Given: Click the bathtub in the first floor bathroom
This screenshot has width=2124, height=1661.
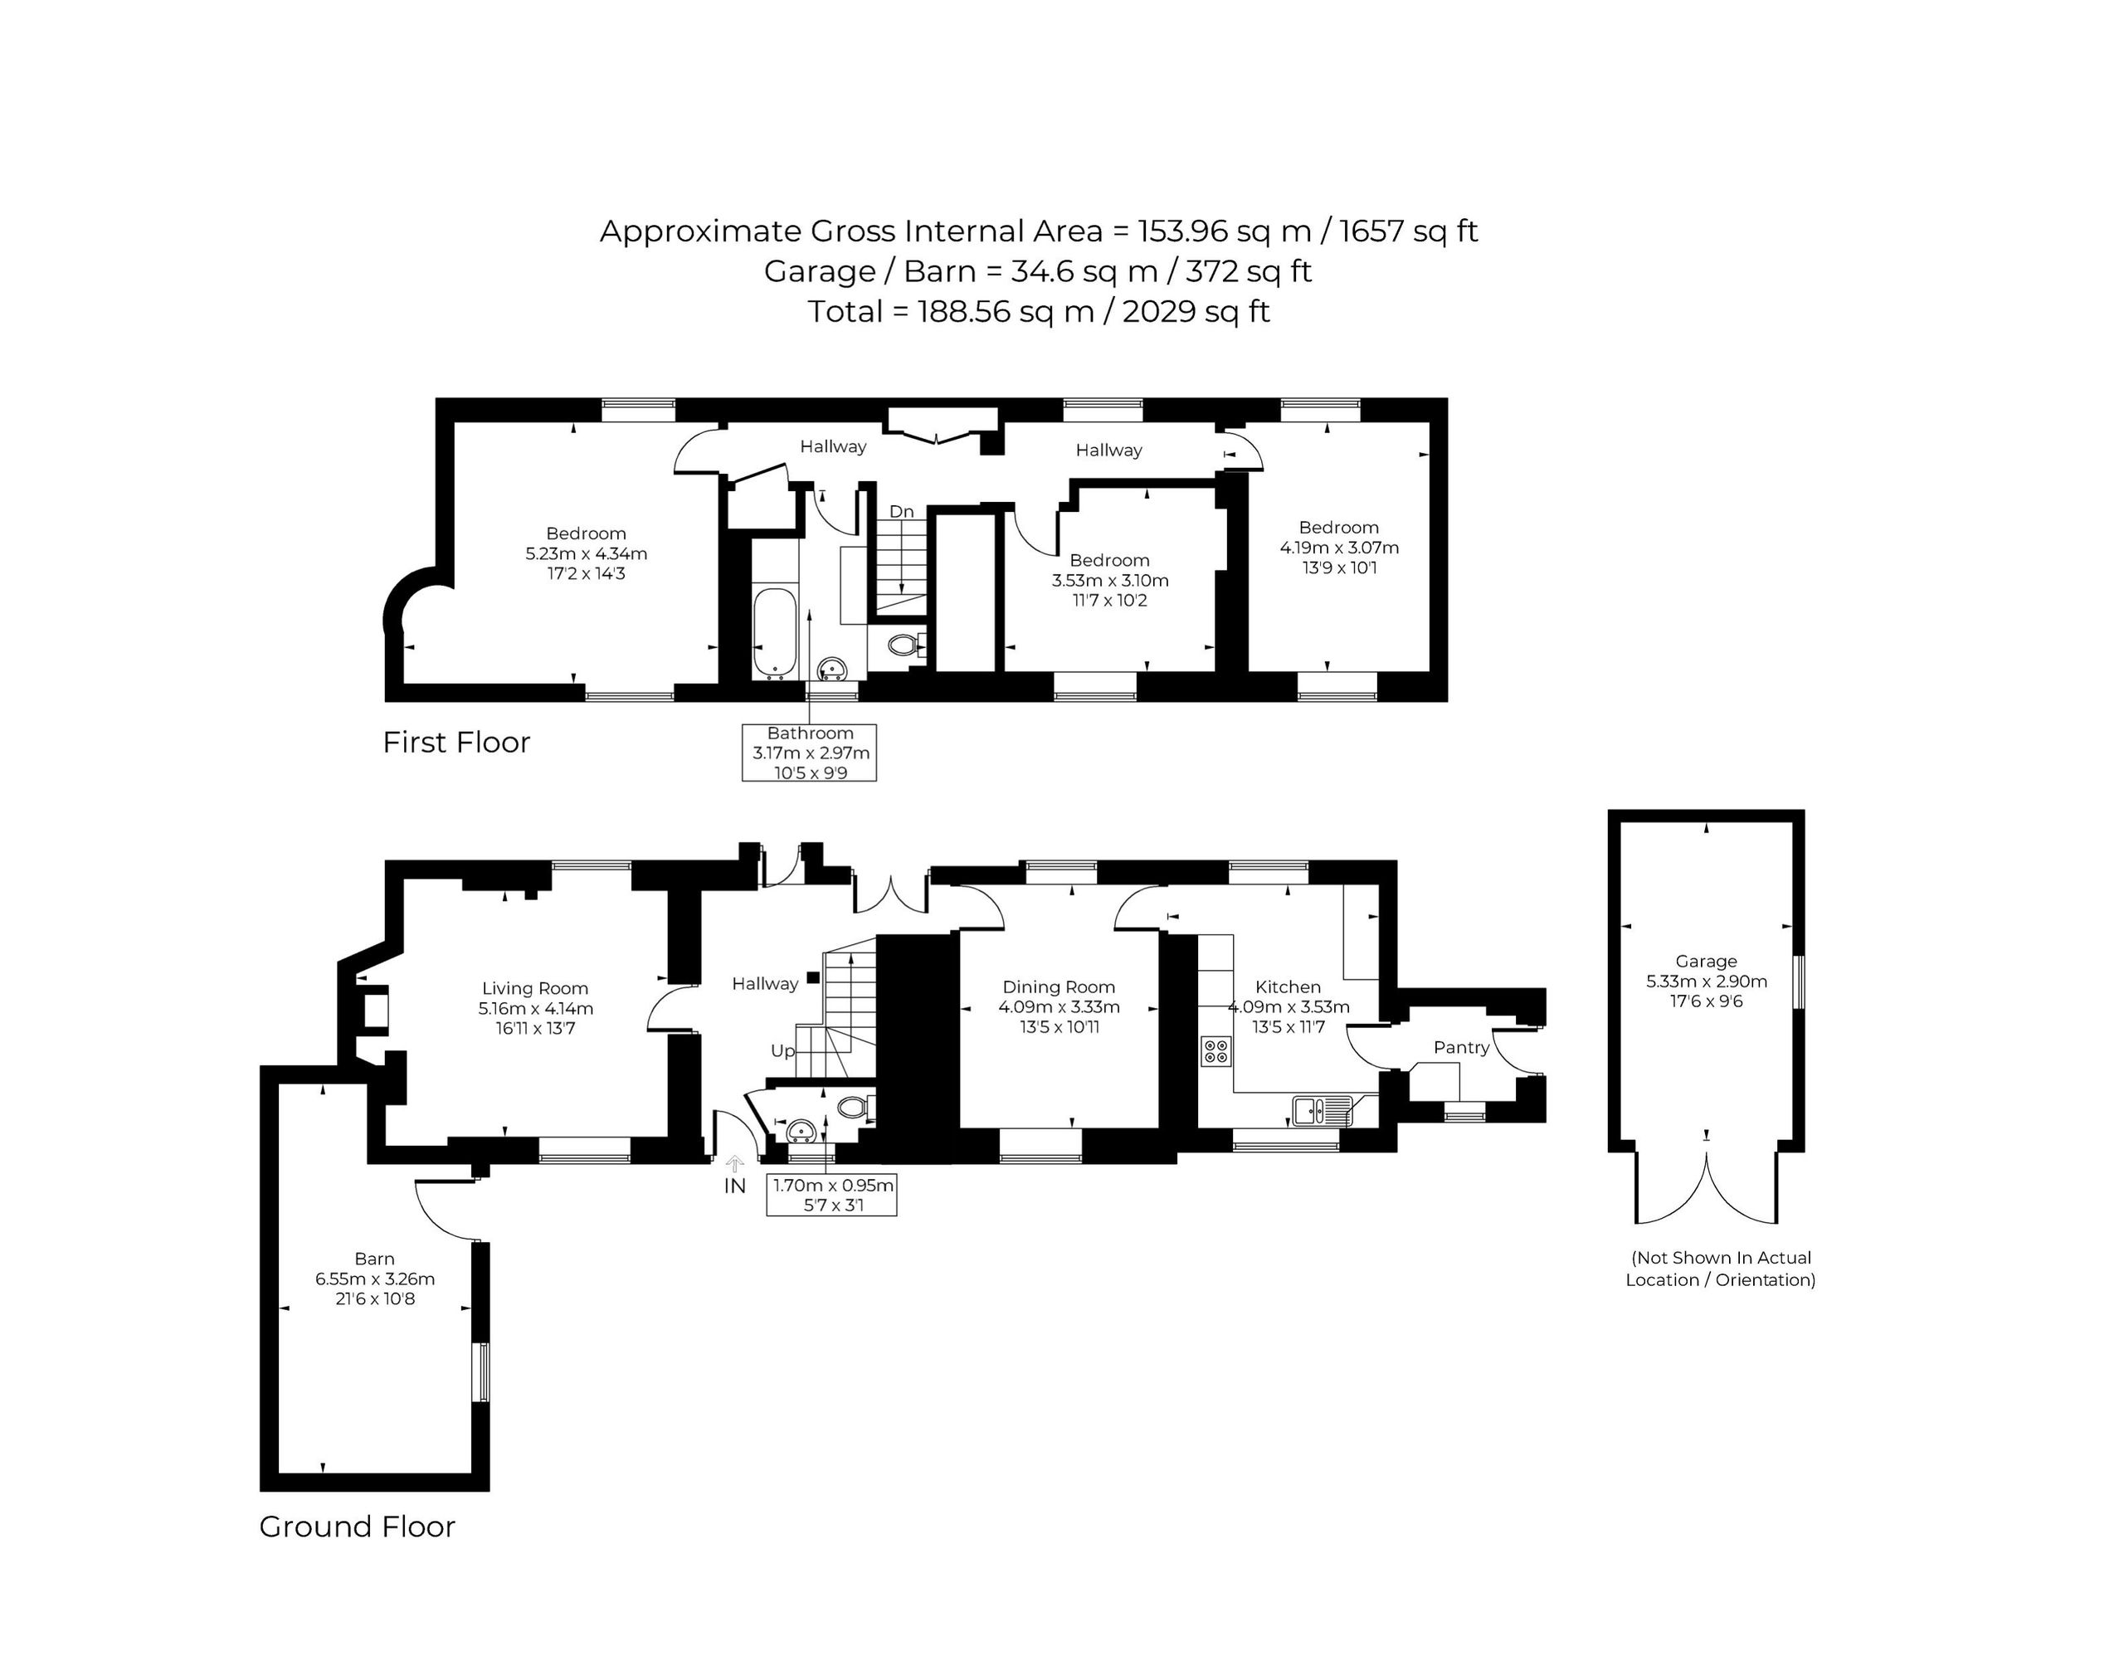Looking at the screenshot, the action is (774, 631).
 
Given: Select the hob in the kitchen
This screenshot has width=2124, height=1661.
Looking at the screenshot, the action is (1215, 1050).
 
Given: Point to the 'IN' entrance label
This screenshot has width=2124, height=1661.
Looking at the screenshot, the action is (734, 1186).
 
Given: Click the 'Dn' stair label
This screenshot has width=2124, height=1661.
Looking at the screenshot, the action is (902, 512).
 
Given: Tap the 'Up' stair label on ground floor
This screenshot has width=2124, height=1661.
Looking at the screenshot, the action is (783, 1051).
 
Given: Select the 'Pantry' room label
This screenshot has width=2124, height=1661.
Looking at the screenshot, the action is (1461, 1047).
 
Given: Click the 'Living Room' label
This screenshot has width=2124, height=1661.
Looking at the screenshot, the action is (535, 989).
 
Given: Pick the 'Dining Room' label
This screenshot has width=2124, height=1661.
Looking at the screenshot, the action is (1058, 987).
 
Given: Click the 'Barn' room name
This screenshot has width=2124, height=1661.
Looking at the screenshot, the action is (374, 1259).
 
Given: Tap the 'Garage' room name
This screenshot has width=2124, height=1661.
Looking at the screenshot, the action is (1706, 961).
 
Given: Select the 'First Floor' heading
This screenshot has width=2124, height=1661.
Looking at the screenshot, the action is (456, 742).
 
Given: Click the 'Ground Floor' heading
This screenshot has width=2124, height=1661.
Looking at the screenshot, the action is (357, 1527).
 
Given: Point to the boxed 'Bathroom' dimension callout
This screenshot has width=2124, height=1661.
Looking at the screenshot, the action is (809, 753).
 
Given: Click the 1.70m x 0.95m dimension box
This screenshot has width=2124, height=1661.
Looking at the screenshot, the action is (831, 1196).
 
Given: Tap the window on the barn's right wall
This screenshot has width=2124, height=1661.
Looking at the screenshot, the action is (480, 1372).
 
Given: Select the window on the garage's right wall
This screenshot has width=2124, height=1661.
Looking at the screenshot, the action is (1799, 982).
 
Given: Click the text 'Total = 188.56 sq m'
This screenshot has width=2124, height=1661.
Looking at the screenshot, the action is (950, 311).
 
